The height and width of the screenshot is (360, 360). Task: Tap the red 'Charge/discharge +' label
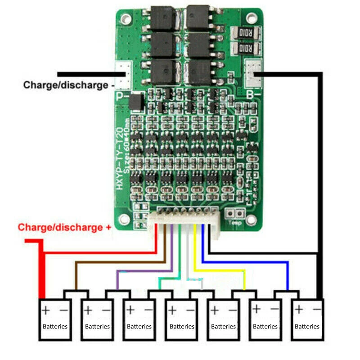tap(64, 227)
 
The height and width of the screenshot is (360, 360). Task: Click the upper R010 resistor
tap(245, 33)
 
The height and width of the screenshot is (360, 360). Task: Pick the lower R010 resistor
tap(245, 48)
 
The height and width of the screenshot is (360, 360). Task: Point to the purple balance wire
tap(144, 271)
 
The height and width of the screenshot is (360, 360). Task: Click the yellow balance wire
tap(220, 270)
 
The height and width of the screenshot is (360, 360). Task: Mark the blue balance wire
tap(245, 262)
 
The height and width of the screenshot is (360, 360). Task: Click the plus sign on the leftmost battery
tap(46, 310)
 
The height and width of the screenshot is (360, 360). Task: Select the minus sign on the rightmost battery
tap(317, 310)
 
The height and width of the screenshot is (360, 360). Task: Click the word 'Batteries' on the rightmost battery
tap(308, 327)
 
